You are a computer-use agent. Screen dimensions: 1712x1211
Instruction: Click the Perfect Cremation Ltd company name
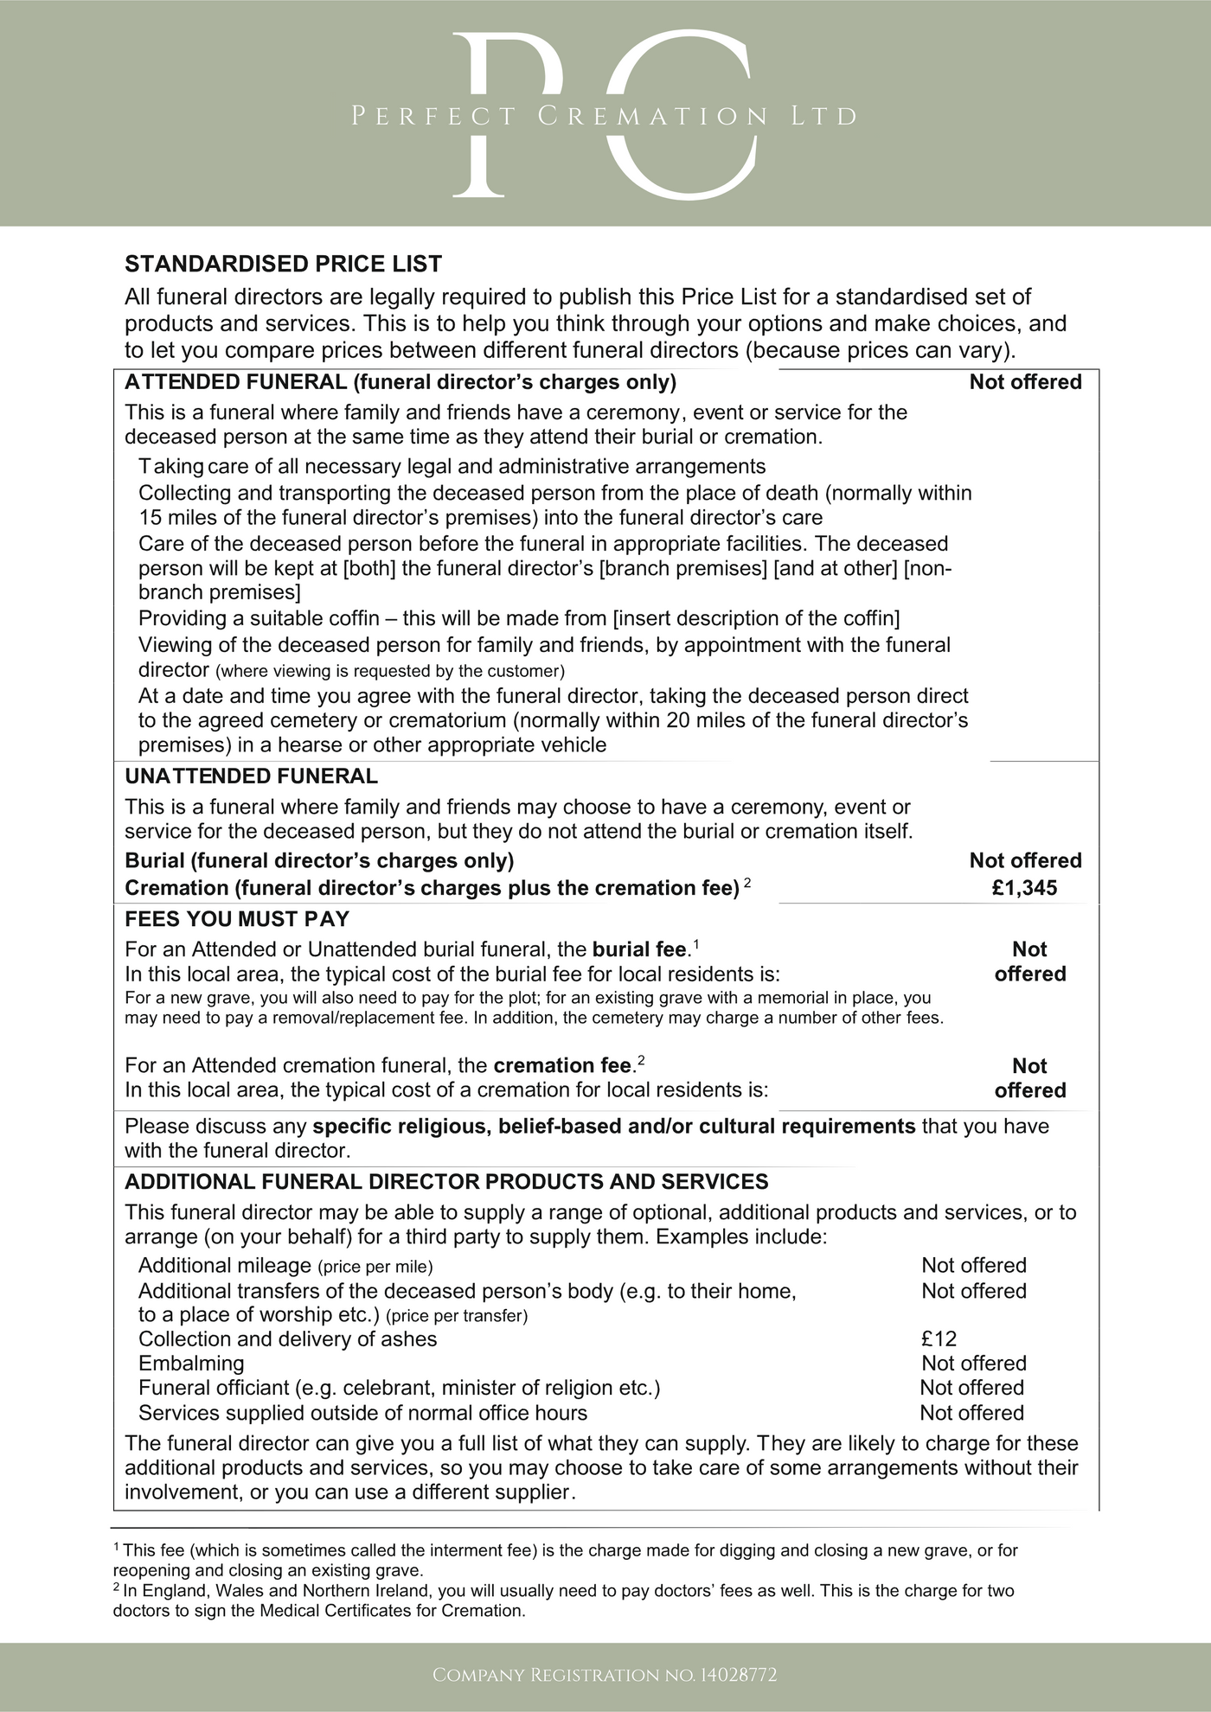click(x=605, y=116)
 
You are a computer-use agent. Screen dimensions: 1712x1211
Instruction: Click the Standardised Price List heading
click(x=284, y=264)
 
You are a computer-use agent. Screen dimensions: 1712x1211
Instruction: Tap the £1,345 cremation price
click(x=1024, y=888)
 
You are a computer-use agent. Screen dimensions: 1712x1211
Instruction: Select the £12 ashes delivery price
click(x=939, y=1339)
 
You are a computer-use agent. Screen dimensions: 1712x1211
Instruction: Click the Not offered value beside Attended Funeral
click(x=1025, y=382)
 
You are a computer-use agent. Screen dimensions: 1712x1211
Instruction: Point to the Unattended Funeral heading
click(x=252, y=776)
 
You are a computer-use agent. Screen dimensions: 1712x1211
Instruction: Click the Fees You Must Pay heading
click(x=237, y=919)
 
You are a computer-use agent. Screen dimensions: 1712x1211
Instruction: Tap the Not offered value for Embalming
click(x=973, y=1364)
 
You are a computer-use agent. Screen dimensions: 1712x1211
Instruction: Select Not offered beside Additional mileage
click(x=973, y=1266)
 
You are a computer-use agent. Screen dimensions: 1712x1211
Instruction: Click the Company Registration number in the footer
click(x=605, y=1675)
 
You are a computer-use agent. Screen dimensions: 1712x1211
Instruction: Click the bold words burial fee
click(x=639, y=950)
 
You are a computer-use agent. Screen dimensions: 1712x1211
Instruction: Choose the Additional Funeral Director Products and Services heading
click(x=446, y=1182)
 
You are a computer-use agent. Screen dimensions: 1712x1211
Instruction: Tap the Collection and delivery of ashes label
click(x=288, y=1339)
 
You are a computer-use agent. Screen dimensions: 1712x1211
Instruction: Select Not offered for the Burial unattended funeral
click(x=1025, y=860)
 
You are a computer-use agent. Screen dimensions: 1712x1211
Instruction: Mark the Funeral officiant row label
click(x=399, y=1388)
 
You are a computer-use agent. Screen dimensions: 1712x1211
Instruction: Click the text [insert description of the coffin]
click(x=756, y=618)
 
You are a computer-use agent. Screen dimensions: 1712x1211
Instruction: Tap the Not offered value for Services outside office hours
click(x=971, y=1413)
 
